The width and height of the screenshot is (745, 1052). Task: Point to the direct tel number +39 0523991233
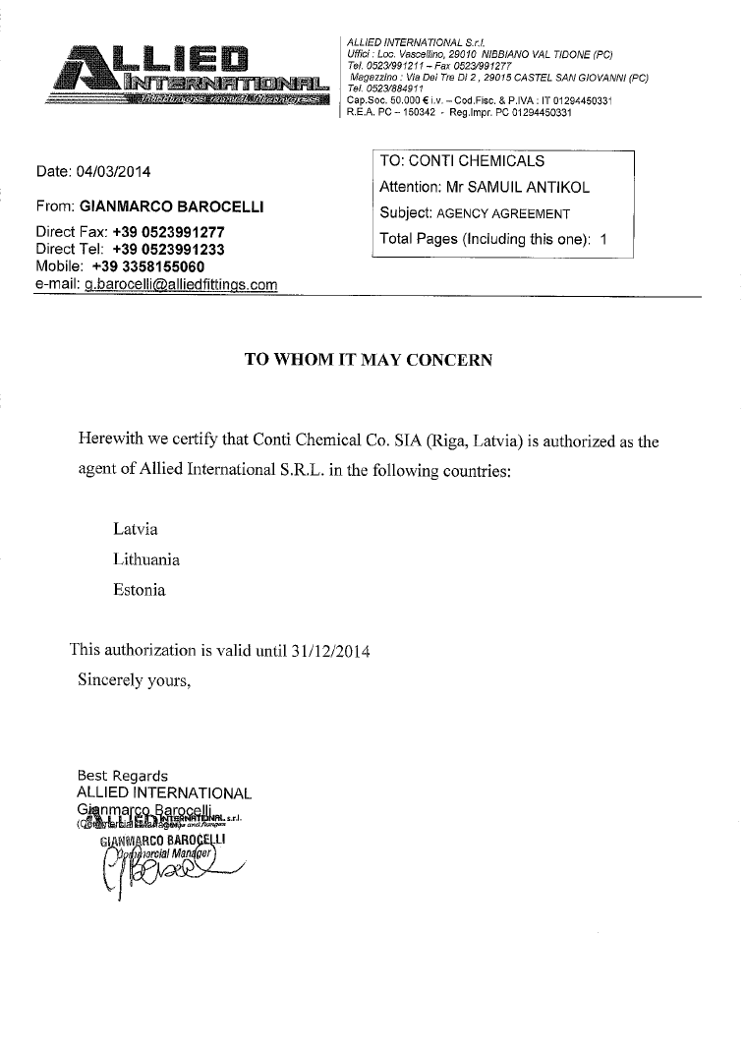pyautogui.click(x=168, y=250)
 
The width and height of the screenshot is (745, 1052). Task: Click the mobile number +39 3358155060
pyautogui.click(x=148, y=266)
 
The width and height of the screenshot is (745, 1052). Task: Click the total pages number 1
pyautogui.click(x=603, y=239)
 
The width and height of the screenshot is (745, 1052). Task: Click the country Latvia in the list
pyautogui.click(x=136, y=529)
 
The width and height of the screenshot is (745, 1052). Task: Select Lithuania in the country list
pyautogui.click(x=146, y=559)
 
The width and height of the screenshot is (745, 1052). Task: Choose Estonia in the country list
pyautogui.click(x=140, y=591)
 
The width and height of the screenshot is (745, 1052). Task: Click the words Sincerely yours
pyautogui.click(x=134, y=679)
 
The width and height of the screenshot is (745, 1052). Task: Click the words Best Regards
pyautogui.click(x=122, y=776)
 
